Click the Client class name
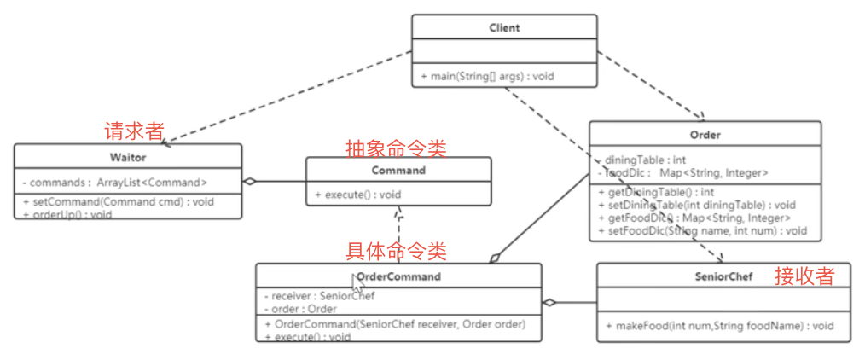pos(504,27)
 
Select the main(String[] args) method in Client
pos(487,76)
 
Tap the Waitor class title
pos(128,157)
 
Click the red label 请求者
pos(134,131)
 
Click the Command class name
pos(398,170)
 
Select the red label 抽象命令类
pos(395,148)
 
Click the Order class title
pos(705,135)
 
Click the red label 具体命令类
pos(395,251)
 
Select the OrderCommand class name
pos(398,276)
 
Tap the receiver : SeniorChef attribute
pos(319,296)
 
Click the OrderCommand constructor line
pos(395,324)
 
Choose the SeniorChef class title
pos(723,276)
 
